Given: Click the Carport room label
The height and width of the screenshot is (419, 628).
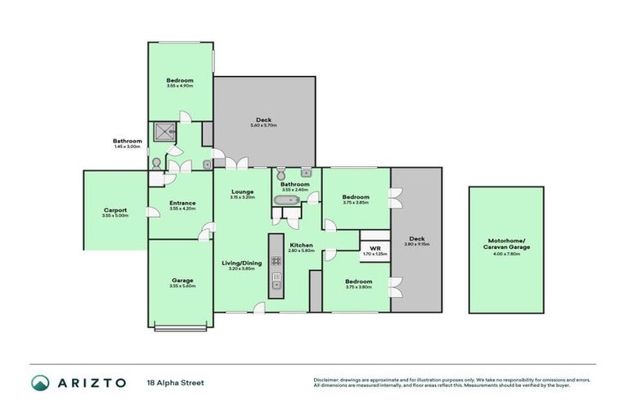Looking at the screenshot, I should (115, 209).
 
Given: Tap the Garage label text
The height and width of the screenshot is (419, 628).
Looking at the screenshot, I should (182, 280).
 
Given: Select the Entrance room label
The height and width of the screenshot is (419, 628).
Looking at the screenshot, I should (182, 203).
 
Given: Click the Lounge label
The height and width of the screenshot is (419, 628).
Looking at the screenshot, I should (242, 191).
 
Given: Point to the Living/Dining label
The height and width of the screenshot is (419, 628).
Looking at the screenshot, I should (242, 263).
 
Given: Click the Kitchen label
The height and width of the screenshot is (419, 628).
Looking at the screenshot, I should (301, 245).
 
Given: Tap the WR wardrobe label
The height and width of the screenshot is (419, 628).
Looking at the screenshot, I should (375, 248).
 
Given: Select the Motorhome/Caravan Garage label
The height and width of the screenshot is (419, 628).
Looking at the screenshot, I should (507, 244).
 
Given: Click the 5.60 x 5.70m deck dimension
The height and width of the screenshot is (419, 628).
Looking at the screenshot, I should (264, 125).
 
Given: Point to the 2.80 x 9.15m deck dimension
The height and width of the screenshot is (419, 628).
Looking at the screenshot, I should (416, 244).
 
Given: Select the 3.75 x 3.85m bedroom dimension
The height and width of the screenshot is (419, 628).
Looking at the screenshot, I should (356, 202).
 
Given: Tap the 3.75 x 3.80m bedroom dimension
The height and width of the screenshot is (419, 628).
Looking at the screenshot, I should (356, 286).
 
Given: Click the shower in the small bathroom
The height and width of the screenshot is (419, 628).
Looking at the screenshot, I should (162, 133).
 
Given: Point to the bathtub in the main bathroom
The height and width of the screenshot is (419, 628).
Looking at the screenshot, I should (291, 200).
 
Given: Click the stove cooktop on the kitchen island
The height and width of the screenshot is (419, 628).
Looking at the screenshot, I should (276, 261).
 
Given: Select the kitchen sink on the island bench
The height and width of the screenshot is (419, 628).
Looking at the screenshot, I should (276, 285).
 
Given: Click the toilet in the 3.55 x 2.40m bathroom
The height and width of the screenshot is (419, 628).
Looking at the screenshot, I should (281, 174).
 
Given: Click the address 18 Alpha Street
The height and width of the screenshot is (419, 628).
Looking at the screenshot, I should (174, 382).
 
